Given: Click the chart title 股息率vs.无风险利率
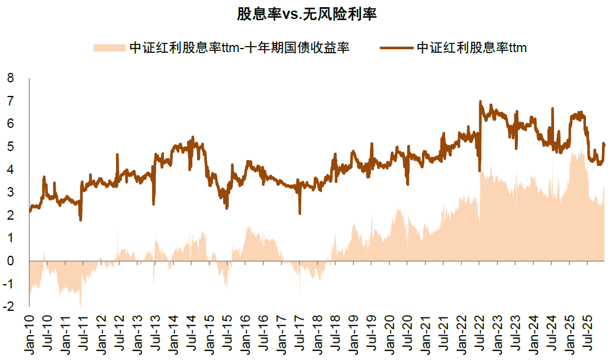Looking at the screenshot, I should pos(307,14).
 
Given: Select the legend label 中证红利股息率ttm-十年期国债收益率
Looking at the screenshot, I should pos(240,48).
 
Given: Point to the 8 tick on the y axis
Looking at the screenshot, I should pos(10,78).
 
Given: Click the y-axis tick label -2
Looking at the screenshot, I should pos(9,307).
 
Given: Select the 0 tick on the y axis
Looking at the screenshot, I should pos(10,261).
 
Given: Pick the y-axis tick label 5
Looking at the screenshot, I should pos(10,146).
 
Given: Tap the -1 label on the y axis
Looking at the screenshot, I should pos(9,284).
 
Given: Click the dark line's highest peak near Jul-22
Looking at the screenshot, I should pos(480,102).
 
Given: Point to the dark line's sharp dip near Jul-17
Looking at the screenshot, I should pos(300,213).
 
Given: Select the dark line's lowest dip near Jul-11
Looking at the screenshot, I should pos(81,220).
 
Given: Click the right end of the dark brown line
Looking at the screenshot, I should pos(604,144).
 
